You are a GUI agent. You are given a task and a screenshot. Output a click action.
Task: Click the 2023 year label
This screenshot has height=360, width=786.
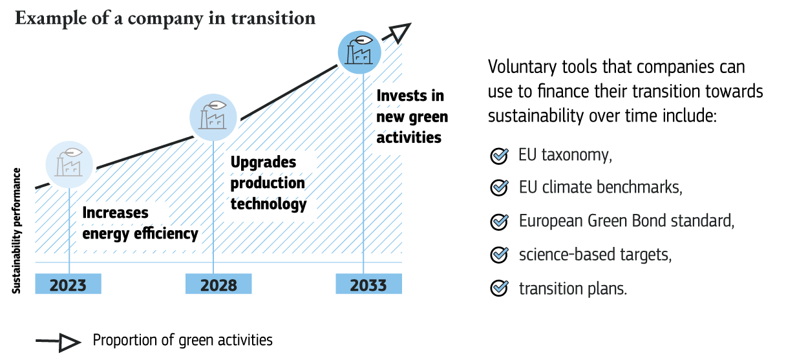68,284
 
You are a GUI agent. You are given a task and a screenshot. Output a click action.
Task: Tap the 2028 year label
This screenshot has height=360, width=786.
218,284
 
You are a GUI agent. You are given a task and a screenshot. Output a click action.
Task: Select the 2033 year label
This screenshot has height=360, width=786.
368,284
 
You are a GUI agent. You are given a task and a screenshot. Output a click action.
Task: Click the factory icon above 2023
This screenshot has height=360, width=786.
69,164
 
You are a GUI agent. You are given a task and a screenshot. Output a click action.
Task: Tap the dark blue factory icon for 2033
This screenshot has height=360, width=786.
361,51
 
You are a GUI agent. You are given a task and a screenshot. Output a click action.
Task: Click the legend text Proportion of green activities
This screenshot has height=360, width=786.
183,340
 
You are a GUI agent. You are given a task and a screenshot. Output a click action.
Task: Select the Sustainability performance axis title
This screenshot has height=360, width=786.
17,231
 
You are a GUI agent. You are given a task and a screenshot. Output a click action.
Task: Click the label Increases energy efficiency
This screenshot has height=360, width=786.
140,223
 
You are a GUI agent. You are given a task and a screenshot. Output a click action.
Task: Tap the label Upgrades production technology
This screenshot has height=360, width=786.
268,183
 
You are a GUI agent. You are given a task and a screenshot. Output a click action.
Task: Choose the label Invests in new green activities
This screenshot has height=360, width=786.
412,116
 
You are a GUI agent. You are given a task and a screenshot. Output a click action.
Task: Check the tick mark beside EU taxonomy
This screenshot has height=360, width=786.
499,155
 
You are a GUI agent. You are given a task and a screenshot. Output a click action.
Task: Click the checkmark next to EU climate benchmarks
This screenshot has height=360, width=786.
499,188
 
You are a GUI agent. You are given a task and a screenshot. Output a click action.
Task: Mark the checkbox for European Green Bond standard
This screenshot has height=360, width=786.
499,222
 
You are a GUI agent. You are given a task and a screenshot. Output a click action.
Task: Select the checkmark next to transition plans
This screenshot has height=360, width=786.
499,288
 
